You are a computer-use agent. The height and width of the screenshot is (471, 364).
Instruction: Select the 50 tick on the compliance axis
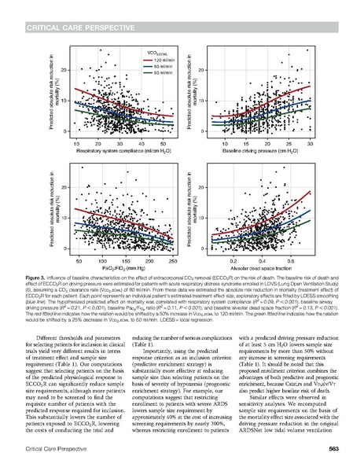[x=164, y=144]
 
